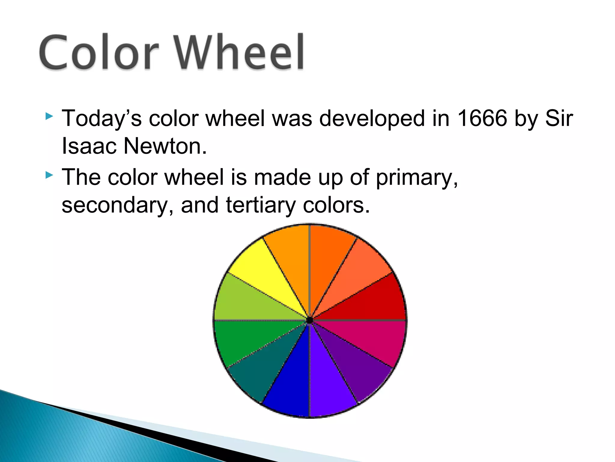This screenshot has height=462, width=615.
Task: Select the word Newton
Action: (x=165, y=146)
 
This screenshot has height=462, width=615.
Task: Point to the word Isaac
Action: (x=89, y=146)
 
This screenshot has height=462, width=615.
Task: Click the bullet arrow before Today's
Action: (x=49, y=116)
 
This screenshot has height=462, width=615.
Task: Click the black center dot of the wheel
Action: (x=309, y=321)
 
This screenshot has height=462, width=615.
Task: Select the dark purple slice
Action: (x=354, y=364)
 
